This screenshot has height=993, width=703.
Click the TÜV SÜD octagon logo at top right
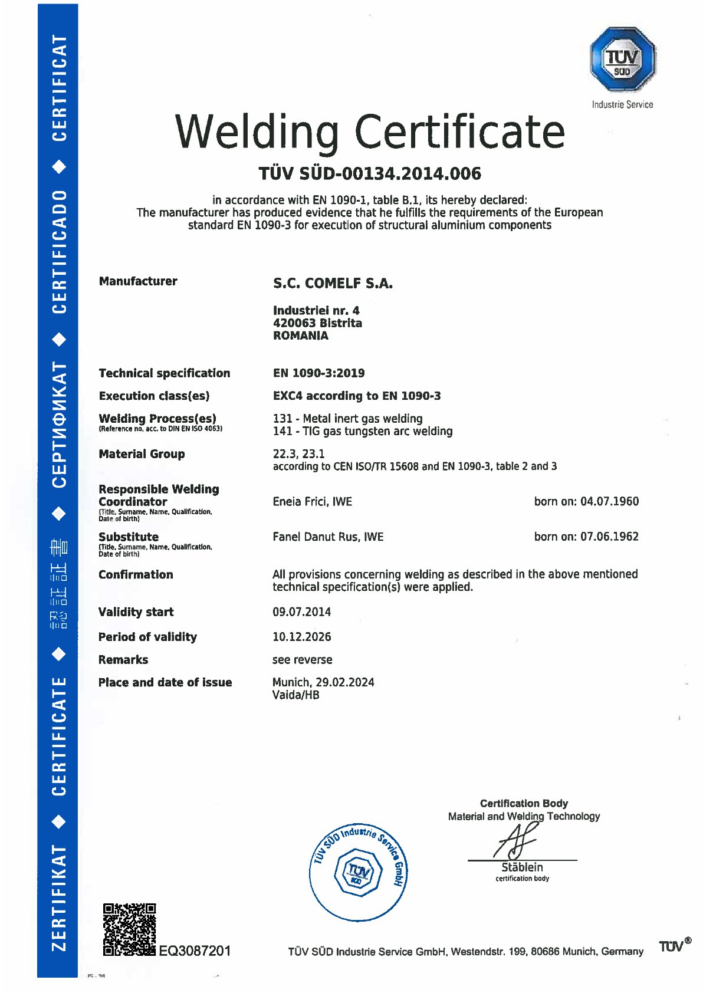623,60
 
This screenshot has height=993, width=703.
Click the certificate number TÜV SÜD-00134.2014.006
370,173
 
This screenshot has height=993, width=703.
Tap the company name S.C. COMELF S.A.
333,284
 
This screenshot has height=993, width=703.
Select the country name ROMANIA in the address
300,336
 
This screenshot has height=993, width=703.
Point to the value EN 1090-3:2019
318,373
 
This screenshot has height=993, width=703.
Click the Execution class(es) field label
154,396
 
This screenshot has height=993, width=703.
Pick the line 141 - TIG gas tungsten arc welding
362,432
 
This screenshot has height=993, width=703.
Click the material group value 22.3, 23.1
298,454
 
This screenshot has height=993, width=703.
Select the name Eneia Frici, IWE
312,502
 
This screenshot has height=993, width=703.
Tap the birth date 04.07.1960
609,502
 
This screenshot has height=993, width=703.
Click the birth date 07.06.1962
609,537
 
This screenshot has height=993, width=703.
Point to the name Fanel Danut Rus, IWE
328,537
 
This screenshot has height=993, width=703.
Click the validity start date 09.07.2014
301,612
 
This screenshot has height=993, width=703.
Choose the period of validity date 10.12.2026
301,637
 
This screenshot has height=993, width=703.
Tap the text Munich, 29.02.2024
323,682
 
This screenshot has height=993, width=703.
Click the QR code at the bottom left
130,929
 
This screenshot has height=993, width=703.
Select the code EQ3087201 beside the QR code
195,951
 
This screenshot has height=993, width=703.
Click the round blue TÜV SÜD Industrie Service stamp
359,872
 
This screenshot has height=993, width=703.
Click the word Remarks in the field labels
123,660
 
